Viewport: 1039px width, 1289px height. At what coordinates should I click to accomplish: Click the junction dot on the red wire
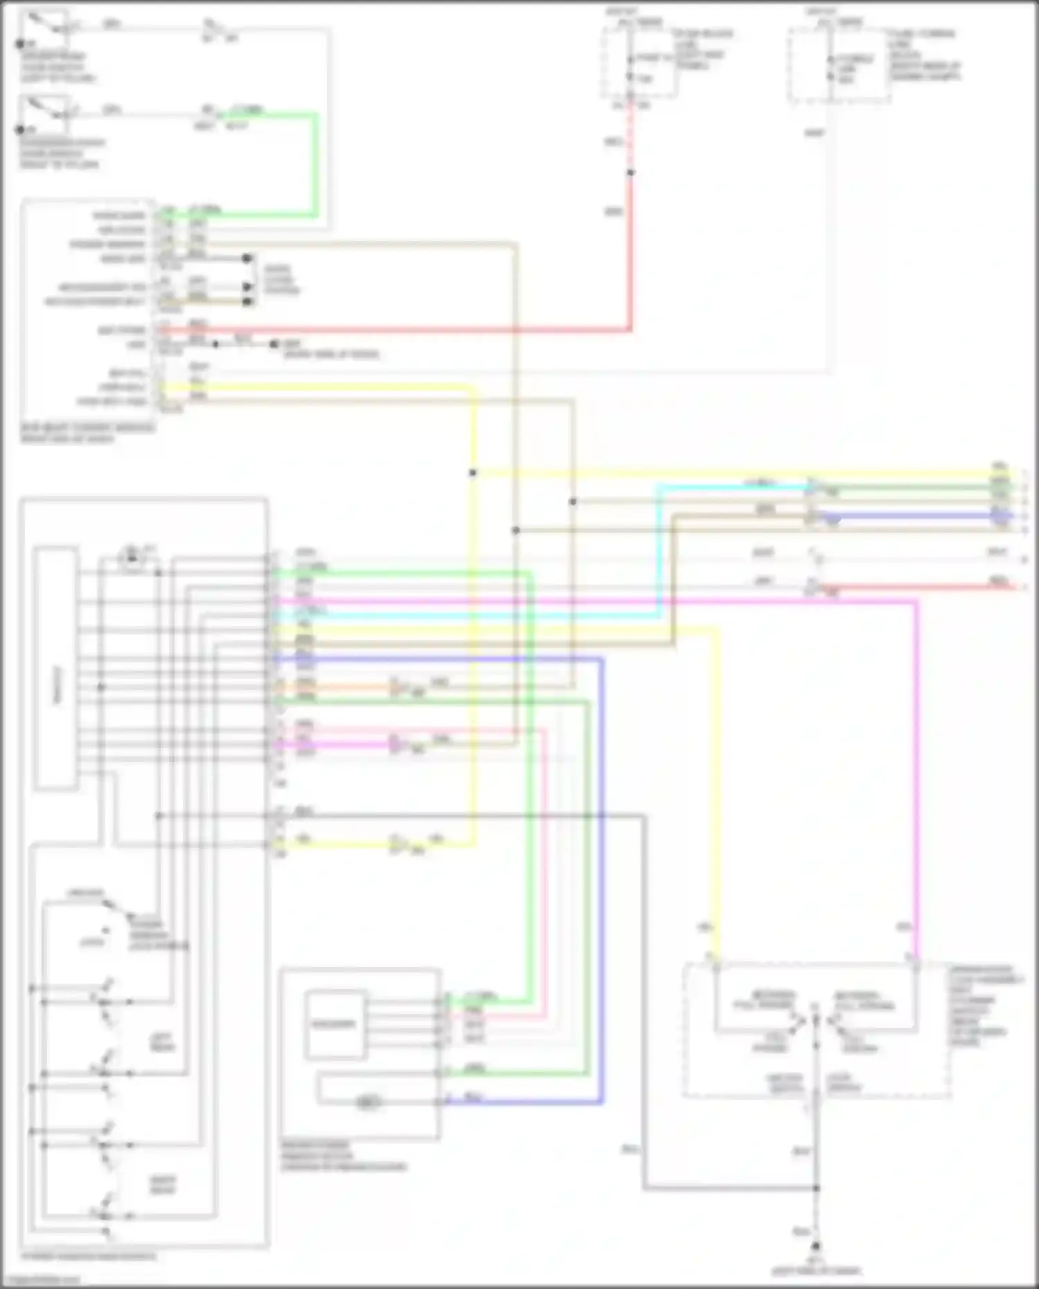[x=630, y=172]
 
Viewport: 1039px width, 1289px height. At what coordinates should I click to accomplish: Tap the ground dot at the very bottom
[x=816, y=1246]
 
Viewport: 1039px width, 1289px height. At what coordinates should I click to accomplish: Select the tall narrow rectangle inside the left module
[x=56, y=668]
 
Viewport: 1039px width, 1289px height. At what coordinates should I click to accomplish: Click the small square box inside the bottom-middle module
[x=335, y=1024]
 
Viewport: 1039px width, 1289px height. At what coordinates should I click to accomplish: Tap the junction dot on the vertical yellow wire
[x=473, y=473]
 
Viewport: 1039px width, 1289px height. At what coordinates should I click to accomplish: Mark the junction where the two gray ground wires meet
[x=816, y=1189]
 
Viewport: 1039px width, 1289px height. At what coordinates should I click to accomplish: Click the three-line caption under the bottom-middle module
[x=343, y=1156]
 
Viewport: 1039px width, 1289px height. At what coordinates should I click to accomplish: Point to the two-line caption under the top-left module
[x=87, y=433]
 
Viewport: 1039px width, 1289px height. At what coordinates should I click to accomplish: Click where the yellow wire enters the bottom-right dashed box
[x=716, y=963]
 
